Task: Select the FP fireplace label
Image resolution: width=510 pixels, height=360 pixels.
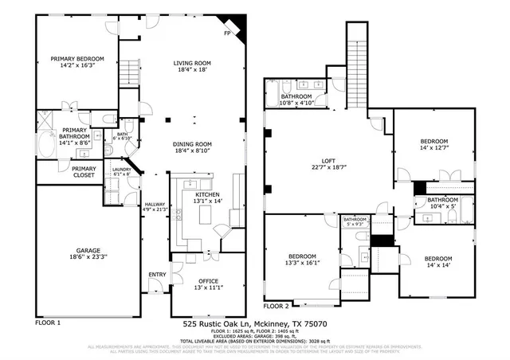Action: (227, 34)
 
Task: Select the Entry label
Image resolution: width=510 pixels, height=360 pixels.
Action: (156, 275)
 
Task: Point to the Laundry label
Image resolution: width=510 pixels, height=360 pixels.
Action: (121, 169)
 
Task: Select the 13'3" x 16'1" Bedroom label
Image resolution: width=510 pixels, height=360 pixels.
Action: (303, 256)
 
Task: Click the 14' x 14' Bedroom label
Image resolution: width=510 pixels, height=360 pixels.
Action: (437, 259)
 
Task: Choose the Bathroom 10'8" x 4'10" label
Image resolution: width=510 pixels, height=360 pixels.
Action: (302, 96)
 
